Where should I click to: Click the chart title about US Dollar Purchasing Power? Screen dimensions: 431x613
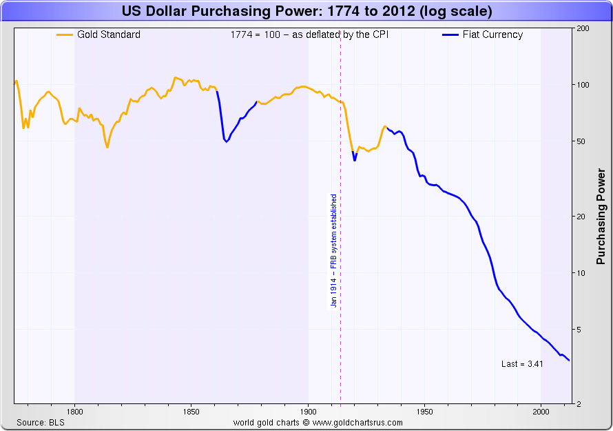(306, 12)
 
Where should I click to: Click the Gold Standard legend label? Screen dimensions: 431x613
(108, 34)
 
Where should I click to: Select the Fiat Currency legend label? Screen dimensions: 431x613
(492, 34)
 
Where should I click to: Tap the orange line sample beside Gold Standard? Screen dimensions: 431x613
(65, 34)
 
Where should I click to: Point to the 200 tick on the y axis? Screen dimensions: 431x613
(581, 28)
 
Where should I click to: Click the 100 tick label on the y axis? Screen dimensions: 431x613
(581, 85)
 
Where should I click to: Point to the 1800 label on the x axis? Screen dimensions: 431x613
(74, 412)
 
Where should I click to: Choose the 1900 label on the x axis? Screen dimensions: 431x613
(308, 412)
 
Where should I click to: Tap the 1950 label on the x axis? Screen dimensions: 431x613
(424, 412)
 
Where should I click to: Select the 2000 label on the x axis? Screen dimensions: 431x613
(541, 412)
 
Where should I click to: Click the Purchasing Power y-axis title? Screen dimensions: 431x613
(601, 216)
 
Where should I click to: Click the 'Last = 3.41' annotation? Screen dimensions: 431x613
(522, 363)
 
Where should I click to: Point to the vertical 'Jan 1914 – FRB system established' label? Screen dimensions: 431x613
(333, 250)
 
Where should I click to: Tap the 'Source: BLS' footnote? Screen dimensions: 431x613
(41, 422)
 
